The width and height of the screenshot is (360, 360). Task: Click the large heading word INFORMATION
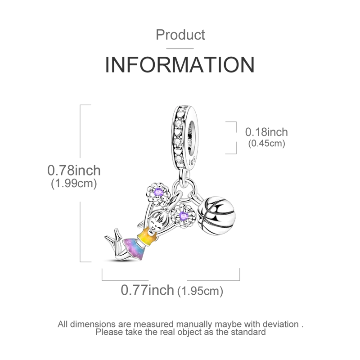click(180, 65)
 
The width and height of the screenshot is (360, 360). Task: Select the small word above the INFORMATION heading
click(180, 36)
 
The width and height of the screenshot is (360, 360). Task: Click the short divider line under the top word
click(180, 47)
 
